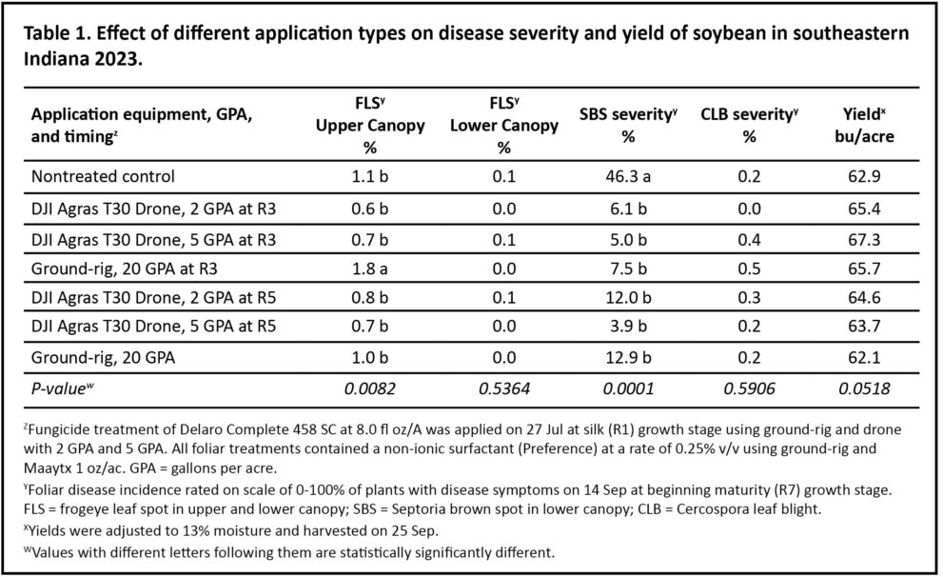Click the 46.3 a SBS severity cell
point(627,177)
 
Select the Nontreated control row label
point(104,177)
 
